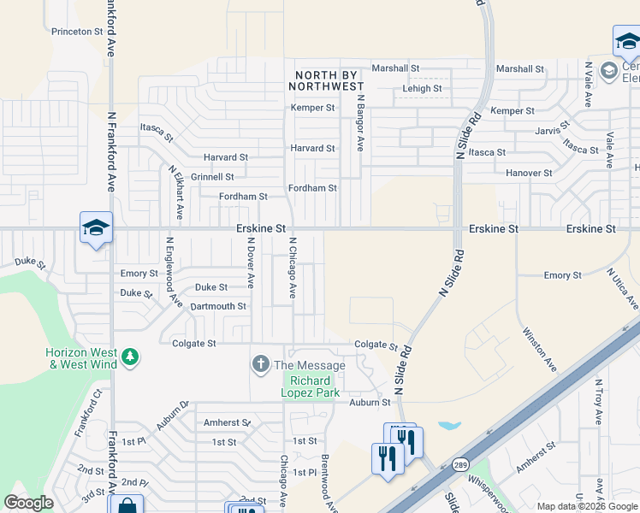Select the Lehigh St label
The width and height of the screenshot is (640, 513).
[x=422, y=88]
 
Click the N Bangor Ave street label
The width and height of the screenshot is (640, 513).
[x=362, y=122]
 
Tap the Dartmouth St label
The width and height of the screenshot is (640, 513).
[x=218, y=306]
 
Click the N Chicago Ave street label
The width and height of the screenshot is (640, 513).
[x=293, y=267]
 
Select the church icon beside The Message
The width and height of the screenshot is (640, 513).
[x=260, y=365]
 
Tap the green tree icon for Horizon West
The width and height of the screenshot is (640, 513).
[x=130, y=356]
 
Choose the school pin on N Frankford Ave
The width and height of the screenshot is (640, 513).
[x=96, y=227]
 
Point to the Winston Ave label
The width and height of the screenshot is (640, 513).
[x=539, y=349]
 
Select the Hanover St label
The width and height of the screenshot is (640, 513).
[x=528, y=173]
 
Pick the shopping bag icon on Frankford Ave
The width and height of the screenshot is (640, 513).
[x=126, y=506]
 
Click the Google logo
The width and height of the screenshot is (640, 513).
[x=29, y=503]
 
